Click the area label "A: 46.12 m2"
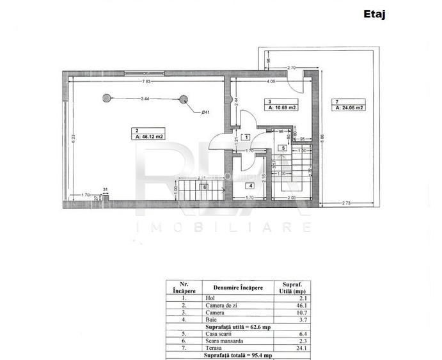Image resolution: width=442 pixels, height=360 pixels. coord(149,136)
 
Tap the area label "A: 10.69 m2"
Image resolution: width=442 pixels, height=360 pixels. coord(282,108)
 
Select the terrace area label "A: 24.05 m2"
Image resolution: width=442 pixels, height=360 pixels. coord(349,108)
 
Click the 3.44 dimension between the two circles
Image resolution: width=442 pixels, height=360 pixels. coord(145,98)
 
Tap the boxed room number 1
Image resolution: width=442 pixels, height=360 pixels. coord(247,137)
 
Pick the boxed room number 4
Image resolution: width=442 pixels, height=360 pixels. coord(251,186)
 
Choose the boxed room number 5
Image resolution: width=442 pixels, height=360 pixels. coord(282,148)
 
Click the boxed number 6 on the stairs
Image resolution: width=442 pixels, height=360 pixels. coord(205,187)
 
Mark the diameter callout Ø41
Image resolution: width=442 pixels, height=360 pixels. coord(205,113)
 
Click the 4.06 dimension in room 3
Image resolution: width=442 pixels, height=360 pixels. coord(271,82)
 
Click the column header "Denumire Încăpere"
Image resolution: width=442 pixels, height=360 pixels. coord(238,288)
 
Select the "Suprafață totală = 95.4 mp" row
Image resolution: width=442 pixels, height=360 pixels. coord(238,356)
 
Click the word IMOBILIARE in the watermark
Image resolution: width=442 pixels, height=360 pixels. coord(223,228)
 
